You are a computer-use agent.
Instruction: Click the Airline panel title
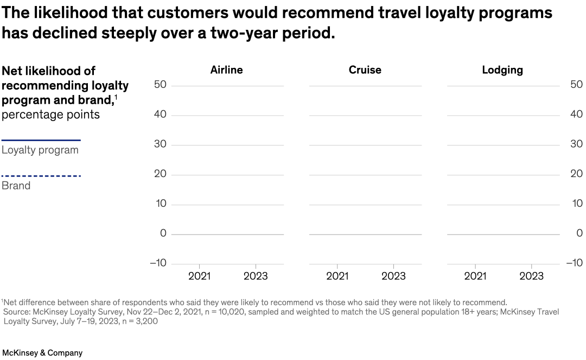tap(226, 70)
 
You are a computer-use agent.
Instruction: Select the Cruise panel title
tap(365, 70)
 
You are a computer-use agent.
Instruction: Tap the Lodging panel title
tap(502, 70)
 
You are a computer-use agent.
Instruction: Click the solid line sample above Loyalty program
tap(41, 140)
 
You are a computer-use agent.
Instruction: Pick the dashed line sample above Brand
tap(41, 176)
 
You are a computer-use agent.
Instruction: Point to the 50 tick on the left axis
tap(160, 85)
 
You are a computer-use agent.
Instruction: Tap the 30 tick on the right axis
tap(577, 144)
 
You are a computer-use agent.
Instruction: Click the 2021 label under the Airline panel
tap(199, 276)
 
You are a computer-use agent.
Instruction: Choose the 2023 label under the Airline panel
tap(255, 276)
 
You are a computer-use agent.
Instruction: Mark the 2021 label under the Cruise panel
tap(337, 276)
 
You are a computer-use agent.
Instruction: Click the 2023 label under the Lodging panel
tap(531, 276)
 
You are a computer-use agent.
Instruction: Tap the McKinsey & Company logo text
tap(42, 353)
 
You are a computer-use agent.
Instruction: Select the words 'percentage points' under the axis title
tap(50, 115)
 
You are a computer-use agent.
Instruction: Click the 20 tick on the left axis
tap(160, 174)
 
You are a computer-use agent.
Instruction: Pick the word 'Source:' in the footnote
tap(17, 312)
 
